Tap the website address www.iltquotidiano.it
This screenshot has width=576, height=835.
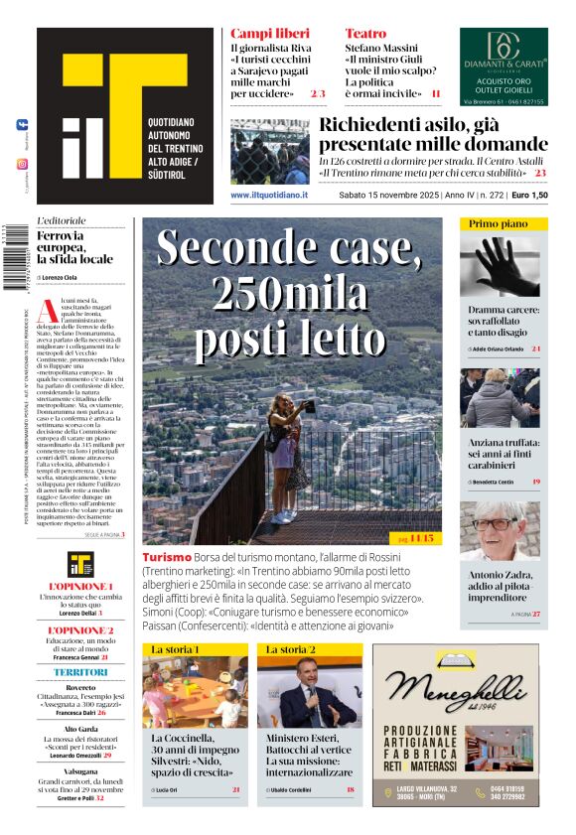click(269, 196)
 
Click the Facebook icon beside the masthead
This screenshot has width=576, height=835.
click(23, 125)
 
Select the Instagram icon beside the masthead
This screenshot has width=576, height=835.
click(23, 164)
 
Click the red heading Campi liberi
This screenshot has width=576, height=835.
click(262, 34)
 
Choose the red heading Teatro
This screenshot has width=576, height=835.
click(364, 34)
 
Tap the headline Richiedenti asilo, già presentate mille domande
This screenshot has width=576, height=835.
click(433, 136)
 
